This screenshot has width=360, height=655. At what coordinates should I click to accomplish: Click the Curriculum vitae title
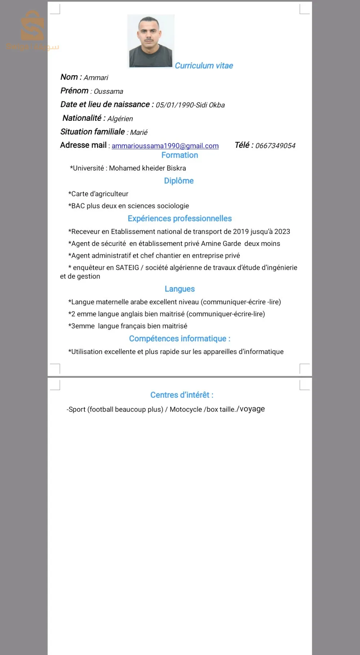point(204,66)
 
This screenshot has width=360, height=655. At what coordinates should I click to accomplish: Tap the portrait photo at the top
point(151,41)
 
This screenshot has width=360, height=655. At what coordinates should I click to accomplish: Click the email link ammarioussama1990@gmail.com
point(165,146)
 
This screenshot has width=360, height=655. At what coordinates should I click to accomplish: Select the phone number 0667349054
point(275,146)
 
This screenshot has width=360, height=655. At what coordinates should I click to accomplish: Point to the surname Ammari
point(96,78)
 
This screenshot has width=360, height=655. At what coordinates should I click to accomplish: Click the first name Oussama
point(108,91)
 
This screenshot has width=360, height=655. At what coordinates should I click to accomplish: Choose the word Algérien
point(120,119)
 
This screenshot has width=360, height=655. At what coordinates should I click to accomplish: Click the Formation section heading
point(179,155)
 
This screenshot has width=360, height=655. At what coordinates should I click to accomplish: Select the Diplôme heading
point(179,181)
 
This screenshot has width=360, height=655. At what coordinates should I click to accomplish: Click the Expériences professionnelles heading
point(179,218)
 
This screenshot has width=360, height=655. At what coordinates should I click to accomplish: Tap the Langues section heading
point(179,289)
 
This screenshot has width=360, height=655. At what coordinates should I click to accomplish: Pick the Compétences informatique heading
point(179,338)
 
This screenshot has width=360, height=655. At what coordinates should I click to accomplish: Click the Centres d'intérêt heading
point(182,395)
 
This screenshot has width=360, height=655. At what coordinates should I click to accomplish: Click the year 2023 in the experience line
point(282,231)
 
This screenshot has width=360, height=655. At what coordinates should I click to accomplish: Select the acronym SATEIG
point(127,267)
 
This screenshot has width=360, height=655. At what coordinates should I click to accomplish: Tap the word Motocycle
point(186,409)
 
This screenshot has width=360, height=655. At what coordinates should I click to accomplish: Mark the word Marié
point(139,132)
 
